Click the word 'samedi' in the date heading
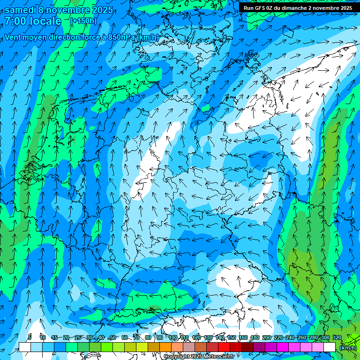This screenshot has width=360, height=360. (x=20, y=10)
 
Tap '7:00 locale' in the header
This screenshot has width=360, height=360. (x=33, y=21)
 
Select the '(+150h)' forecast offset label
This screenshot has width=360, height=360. (x=83, y=21)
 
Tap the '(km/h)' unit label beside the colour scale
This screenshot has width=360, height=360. (x=347, y=347)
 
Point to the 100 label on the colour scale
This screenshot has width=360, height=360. (x=173, y=337)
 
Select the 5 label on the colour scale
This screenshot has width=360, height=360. (x=30, y=337)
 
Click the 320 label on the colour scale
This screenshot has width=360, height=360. (x=337, y=337)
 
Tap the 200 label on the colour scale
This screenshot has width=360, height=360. (x=267, y=337)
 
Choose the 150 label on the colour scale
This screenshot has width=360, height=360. (x=232, y=337)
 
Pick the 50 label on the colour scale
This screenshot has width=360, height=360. (x=113, y=337)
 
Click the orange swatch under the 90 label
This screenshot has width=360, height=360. (x=165, y=347)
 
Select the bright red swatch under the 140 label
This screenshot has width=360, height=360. (x=224, y=347)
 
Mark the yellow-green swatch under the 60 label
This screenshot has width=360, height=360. (x=130, y=347)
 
